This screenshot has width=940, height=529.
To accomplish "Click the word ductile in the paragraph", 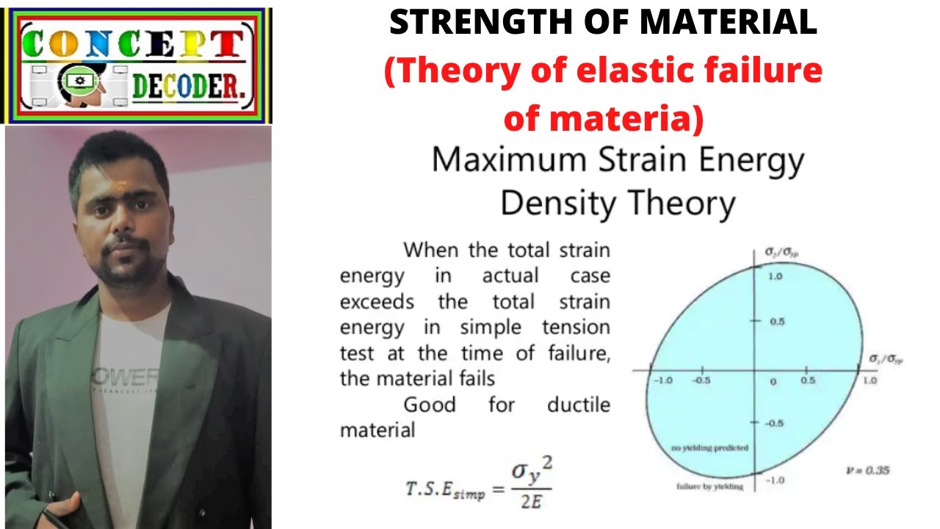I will [579, 404].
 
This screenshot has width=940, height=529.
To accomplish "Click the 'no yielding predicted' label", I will [709, 447].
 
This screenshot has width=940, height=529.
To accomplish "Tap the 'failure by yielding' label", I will [709, 486].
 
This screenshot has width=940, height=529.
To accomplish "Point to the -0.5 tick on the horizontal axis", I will [703, 381].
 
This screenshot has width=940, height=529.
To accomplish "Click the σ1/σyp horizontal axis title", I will [886, 359].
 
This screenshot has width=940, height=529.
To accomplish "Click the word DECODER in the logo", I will [189, 88].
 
